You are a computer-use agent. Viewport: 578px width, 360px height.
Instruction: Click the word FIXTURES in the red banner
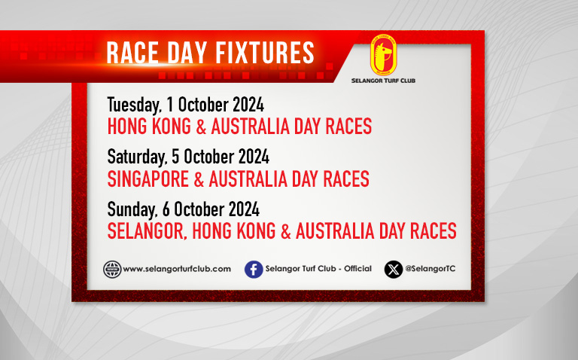pyautogui.click(x=265, y=53)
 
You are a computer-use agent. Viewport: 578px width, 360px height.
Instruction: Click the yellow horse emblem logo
pyautogui.click(x=383, y=55)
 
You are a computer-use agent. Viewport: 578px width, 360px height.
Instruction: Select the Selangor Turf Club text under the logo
pyautogui.click(x=383, y=81)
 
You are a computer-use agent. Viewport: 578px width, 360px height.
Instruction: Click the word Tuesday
pyautogui.click(x=134, y=105)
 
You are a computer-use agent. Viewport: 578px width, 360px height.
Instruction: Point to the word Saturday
pyautogui.click(x=137, y=157)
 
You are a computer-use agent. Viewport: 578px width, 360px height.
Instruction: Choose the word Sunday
pyautogui.click(x=132, y=210)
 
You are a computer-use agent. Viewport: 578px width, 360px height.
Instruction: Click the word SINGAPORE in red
pyautogui.click(x=148, y=179)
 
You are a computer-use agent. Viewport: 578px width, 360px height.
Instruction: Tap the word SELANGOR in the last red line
pyautogui.click(x=145, y=231)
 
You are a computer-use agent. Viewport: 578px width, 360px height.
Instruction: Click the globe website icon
pyautogui.click(x=112, y=270)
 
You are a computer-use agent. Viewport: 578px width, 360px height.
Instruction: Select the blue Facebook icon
pyautogui.click(x=254, y=270)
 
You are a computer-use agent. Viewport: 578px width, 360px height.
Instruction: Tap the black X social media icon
pyautogui.click(x=394, y=270)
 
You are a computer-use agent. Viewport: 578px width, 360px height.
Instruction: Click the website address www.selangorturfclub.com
pyautogui.click(x=177, y=269)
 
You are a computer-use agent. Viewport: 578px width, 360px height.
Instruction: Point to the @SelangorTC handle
pyautogui.click(x=430, y=269)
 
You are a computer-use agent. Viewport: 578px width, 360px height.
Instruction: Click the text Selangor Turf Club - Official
pyautogui.click(x=318, y=269)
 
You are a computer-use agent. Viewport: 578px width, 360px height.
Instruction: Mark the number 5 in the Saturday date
pyautogui.click(x=175, y=157)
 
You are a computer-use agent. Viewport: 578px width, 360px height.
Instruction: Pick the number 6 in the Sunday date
pyautogui.click(x=166, y=209)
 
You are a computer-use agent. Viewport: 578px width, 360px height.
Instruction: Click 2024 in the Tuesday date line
pyautogui.click(x=248, y=105)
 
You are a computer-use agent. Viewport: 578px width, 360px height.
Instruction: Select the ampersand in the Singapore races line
pyautogui.click(x=199, y=179)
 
